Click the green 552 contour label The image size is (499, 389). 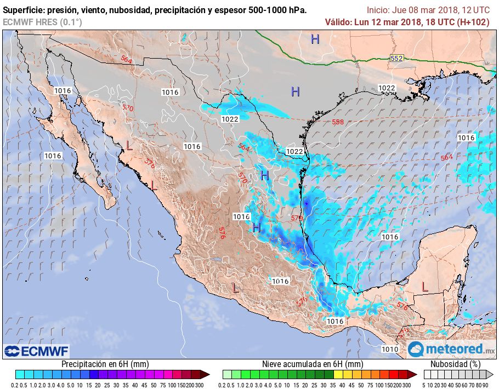396,58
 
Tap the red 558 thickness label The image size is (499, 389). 338,122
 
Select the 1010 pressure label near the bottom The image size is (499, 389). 390,349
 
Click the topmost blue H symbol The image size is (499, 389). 315,39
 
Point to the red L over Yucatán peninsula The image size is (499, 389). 424,286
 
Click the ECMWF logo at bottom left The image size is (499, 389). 37,351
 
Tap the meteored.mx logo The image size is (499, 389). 451,349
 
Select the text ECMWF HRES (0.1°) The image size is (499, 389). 42,22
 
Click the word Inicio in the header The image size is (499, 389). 378,10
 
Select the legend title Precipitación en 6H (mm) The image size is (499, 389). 105,364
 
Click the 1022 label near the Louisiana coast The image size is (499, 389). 387,88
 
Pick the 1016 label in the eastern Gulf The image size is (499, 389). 466,138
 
